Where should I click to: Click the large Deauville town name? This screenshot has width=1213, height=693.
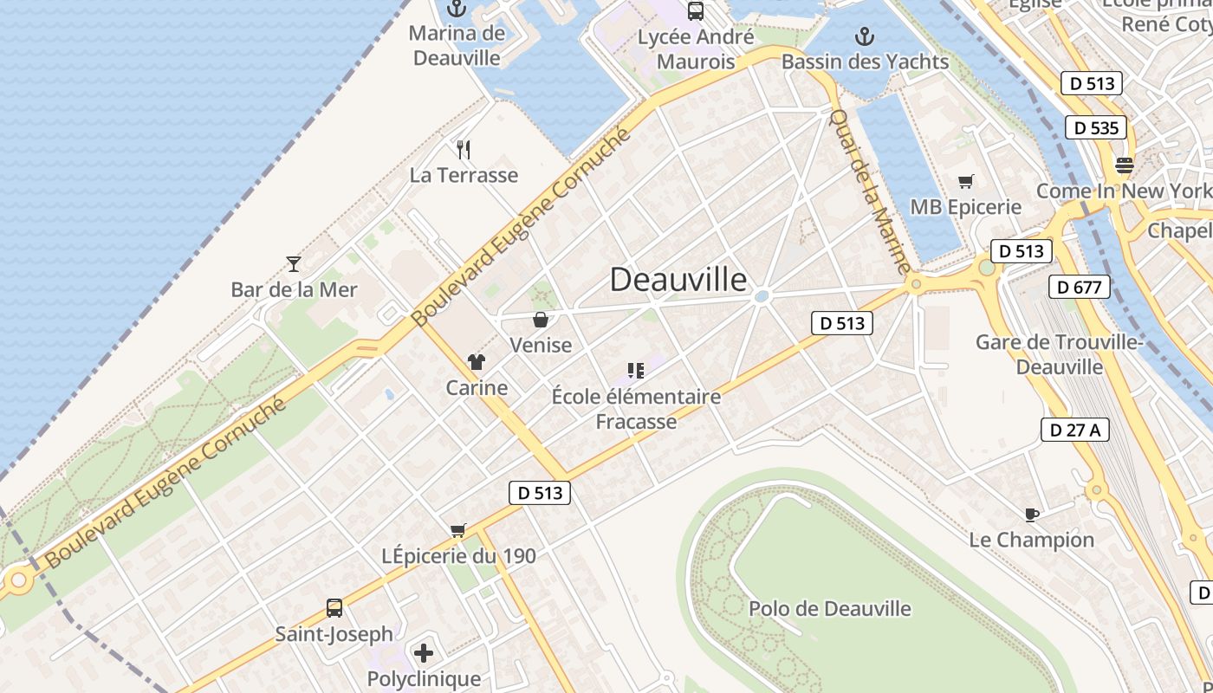tap(678, 279)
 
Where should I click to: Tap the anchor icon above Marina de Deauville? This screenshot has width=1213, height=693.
tap(456, 10)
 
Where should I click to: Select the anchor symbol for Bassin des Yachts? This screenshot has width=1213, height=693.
tap(864, 36)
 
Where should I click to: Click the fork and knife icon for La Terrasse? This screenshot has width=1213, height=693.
tap(464, 150)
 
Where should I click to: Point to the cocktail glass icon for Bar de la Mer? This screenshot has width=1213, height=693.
tap(294, 263)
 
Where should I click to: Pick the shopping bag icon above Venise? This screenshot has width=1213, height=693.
tap(541, 320)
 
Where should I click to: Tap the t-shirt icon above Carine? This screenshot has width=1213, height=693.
tap(476, 362)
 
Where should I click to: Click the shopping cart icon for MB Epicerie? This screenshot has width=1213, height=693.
tap(965, 181)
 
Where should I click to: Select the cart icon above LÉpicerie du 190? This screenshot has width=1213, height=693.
tap(458, 530)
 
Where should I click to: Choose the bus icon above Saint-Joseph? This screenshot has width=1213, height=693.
tap(334, 608)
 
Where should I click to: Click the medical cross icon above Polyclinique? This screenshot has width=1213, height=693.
tap(424, 652)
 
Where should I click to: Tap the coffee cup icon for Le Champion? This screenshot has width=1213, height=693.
tap(1031, 515)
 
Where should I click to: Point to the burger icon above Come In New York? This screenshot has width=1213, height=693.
tap(1125, 165)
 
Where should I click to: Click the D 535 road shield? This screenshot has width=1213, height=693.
tap(1096, 128)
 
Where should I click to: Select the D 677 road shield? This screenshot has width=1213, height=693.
tap(1079, 287)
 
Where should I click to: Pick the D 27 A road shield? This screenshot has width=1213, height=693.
tap(1074, 429)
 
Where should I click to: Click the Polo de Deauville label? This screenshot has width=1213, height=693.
tap(829, 608)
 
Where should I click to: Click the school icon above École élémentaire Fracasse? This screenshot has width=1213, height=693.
tap(636, 372)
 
